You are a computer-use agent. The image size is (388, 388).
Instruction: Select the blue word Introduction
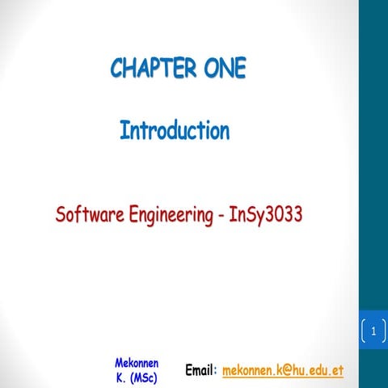pyautogui.click(x=175, y=130)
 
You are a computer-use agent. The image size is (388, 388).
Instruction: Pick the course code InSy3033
pyautogui.click(x=259, y=216)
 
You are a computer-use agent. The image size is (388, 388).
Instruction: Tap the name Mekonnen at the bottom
pyautogui.click(x=137, y=363)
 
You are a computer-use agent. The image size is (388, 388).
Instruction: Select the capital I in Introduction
pyautogui.click(x=124, y=130)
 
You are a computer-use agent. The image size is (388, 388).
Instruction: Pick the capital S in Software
pyautogui.click(x=61, y=216)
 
